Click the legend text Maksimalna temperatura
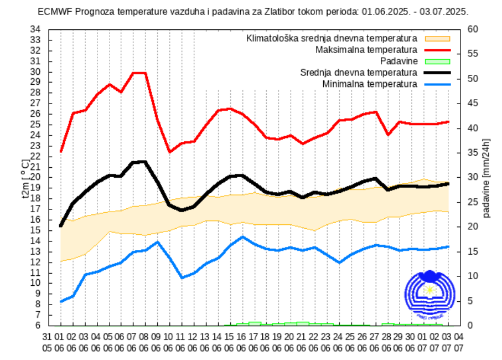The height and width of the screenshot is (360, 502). (366, 50)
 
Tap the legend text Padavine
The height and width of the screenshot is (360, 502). (399, 61)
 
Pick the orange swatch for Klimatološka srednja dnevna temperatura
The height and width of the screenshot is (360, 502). (437, 39)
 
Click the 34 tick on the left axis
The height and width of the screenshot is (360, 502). (35, 29)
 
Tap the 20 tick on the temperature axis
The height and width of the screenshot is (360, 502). (35, 177)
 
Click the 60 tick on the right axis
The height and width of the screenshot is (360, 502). (472, 29)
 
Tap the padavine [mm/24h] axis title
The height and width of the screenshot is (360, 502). (487, 177)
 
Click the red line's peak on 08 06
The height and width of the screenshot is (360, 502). (144, 73)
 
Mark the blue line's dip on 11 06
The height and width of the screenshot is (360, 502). (182, 277)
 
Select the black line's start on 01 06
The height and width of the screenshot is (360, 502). (60, 225)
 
